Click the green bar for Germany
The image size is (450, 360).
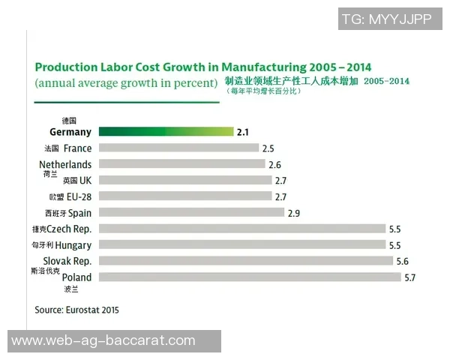coord(166,132)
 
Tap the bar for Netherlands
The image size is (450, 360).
coord(181,164)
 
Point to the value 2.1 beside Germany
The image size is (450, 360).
coord(242,133)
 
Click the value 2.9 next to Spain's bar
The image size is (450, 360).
coord(293,213)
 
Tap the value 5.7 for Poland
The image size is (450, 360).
coord(410,277)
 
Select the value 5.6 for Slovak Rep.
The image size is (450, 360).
coord(403,261)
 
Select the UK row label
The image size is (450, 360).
coord(85,180)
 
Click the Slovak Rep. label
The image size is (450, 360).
coord(66,261)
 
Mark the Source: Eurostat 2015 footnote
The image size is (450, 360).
coord(76,309)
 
